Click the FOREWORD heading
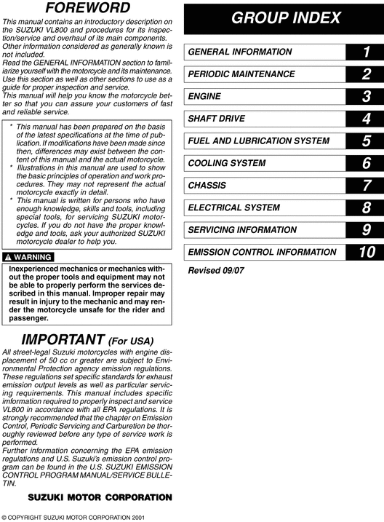(x=87, y=9)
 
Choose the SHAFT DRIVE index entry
(x=216, y=118)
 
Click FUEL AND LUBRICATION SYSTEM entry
(x=258, y=141)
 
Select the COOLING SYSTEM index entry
(x=226, y=163)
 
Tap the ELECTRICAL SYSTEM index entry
(x=233, y=207)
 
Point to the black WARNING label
(x=28, y=258)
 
